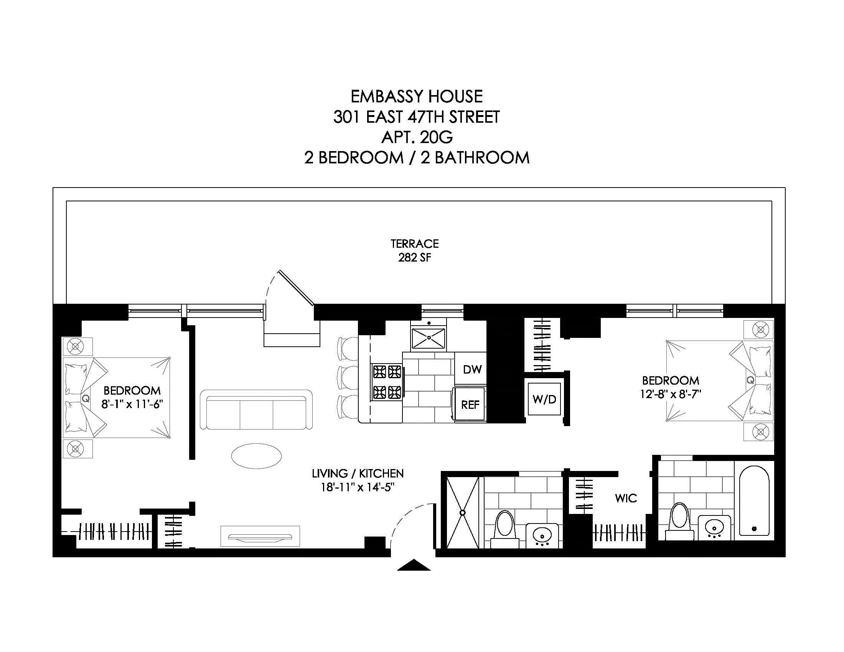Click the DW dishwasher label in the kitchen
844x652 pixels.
point(472,369)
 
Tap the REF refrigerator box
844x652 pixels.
point(470,404)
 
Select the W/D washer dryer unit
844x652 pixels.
point(544,399)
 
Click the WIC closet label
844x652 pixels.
point(626,498)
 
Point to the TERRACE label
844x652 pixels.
point(415,244)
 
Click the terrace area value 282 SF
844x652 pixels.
point(415,258)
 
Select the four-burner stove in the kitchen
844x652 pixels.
point(387,382)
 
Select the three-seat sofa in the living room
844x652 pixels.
point(256,410)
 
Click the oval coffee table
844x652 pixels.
point(256,456)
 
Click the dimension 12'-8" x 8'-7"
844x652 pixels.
point(671,395)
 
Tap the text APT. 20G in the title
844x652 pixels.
point(417,137)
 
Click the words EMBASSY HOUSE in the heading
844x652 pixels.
point(417,97)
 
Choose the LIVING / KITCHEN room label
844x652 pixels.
point(358,474)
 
